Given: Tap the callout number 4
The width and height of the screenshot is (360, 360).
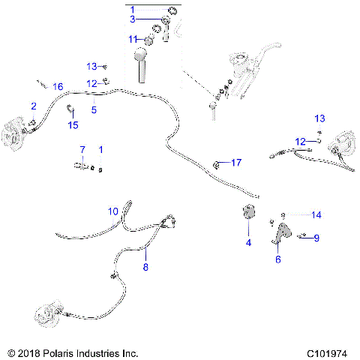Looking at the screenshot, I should [248, 243].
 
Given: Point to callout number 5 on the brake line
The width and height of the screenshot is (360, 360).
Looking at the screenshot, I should [94, 109].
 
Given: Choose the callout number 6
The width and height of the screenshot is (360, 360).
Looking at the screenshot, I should [278, 259].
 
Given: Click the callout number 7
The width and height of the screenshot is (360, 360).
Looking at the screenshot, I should [82, 150].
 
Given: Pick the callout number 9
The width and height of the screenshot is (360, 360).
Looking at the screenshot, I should [316, 238].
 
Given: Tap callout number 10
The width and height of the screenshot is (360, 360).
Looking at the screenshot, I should [114, 211].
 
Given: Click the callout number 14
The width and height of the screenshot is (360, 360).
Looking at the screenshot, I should [316, 214].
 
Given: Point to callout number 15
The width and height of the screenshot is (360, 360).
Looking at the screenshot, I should [73, 124].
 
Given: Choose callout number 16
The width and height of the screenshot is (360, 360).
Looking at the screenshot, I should [58, 87].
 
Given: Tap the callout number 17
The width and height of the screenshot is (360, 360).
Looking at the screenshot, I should [236, 163].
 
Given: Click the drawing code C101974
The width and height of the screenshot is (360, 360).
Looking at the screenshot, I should [328, 352].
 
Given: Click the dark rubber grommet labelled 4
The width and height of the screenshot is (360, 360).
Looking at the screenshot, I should [248, 214].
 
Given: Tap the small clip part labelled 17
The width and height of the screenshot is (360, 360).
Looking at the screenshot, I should [217, 163].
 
